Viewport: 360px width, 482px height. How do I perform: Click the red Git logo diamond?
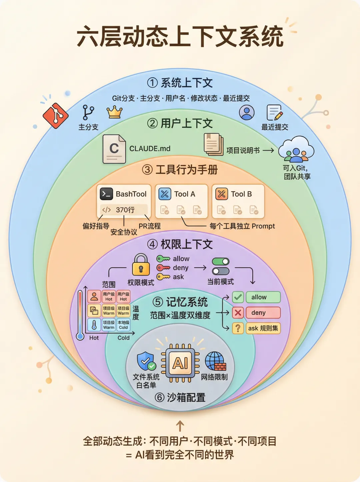[x=55, y=115]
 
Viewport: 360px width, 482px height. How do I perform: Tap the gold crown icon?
[x=114, y=112]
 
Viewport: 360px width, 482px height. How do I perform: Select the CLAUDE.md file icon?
[x=114, y=149]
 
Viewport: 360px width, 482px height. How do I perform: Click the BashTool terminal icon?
[x=106, y=194]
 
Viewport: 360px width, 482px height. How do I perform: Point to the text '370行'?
[x=125, y=210]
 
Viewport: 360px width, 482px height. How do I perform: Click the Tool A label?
[x=184, y=194]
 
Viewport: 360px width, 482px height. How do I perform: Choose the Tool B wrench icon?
[x=222, y=194]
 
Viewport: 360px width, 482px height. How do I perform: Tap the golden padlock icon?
[x=141, y=265]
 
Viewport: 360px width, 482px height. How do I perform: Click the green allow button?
[x=263, y=297]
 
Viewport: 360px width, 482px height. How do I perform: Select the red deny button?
[x=263, y=313]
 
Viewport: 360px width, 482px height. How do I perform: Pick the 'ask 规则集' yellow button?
[x=263, y=328]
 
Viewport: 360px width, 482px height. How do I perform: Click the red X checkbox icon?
[x=238, y=313]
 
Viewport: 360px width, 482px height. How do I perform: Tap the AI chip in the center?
[x=180, y=363]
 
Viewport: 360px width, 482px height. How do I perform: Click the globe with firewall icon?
[x=215, y=361]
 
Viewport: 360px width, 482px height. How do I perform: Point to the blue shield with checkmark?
[x=146, y=361]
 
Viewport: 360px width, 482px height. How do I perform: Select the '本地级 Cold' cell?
[x=123, y=325]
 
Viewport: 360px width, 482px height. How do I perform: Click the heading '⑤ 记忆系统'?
[x=180, y=302]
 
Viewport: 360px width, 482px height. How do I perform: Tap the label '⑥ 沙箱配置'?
[x=180, y=397]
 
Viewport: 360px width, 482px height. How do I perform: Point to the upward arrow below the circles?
[x=180, y=426]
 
